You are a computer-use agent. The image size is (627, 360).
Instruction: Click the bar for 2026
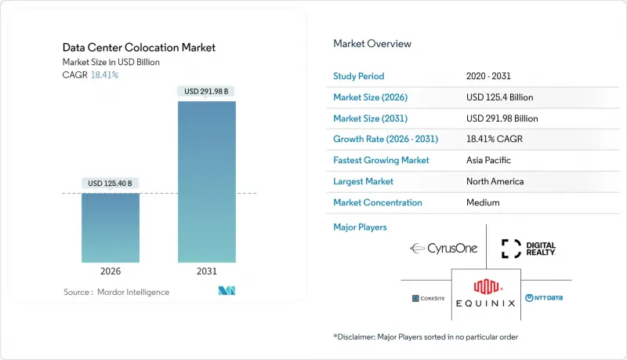click(111, 227)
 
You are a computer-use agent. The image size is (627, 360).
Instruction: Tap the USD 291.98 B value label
click(207, 91)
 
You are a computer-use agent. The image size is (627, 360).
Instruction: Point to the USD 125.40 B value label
click(111, 184)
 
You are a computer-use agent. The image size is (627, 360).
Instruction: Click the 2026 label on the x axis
click(111, 271)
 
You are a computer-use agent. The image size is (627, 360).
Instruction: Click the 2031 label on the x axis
click(207, 271)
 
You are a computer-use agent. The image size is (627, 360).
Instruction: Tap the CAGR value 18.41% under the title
click(106, 75)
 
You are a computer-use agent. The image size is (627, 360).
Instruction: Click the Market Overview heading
click(372, 44)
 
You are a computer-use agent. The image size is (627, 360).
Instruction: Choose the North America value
click(495, 181)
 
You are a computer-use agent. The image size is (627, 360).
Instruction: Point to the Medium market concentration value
click(483, 202)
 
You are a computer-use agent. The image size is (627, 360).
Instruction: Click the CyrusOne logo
click(443, 249)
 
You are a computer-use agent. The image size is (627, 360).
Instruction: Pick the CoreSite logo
click(427, 298)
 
